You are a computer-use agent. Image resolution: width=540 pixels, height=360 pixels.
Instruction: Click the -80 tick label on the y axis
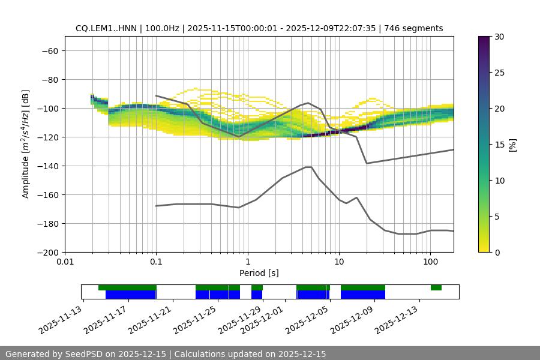click(50, 80)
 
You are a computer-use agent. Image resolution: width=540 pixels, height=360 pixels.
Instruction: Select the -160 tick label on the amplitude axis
click(48, 195)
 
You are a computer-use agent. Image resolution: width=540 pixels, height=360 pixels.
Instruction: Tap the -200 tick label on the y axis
click(48, 253)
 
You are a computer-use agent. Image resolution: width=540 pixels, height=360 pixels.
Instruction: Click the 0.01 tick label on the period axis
click(65, 262)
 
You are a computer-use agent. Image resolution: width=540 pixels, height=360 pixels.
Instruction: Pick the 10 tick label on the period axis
click(339, 262)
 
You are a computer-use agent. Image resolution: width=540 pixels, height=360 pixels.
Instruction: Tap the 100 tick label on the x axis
click(430, 262)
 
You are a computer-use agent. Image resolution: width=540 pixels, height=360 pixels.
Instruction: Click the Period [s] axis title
click(259, 273)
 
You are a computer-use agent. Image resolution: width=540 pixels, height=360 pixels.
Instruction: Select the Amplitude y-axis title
click(26, 144)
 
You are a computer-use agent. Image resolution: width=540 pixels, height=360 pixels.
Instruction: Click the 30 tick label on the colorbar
click(499, 37)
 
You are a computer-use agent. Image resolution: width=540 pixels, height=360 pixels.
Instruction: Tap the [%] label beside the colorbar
click(512, 145)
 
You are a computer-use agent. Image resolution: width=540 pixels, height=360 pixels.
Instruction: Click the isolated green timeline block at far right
click(436, 288)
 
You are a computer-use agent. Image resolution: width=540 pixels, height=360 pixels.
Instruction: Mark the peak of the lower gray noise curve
click(308, 167)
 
